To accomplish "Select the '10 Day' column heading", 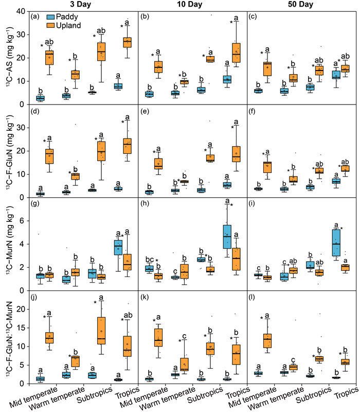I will point(193,5).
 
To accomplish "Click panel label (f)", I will point(254,110).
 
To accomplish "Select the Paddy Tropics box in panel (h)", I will point(226,236).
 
